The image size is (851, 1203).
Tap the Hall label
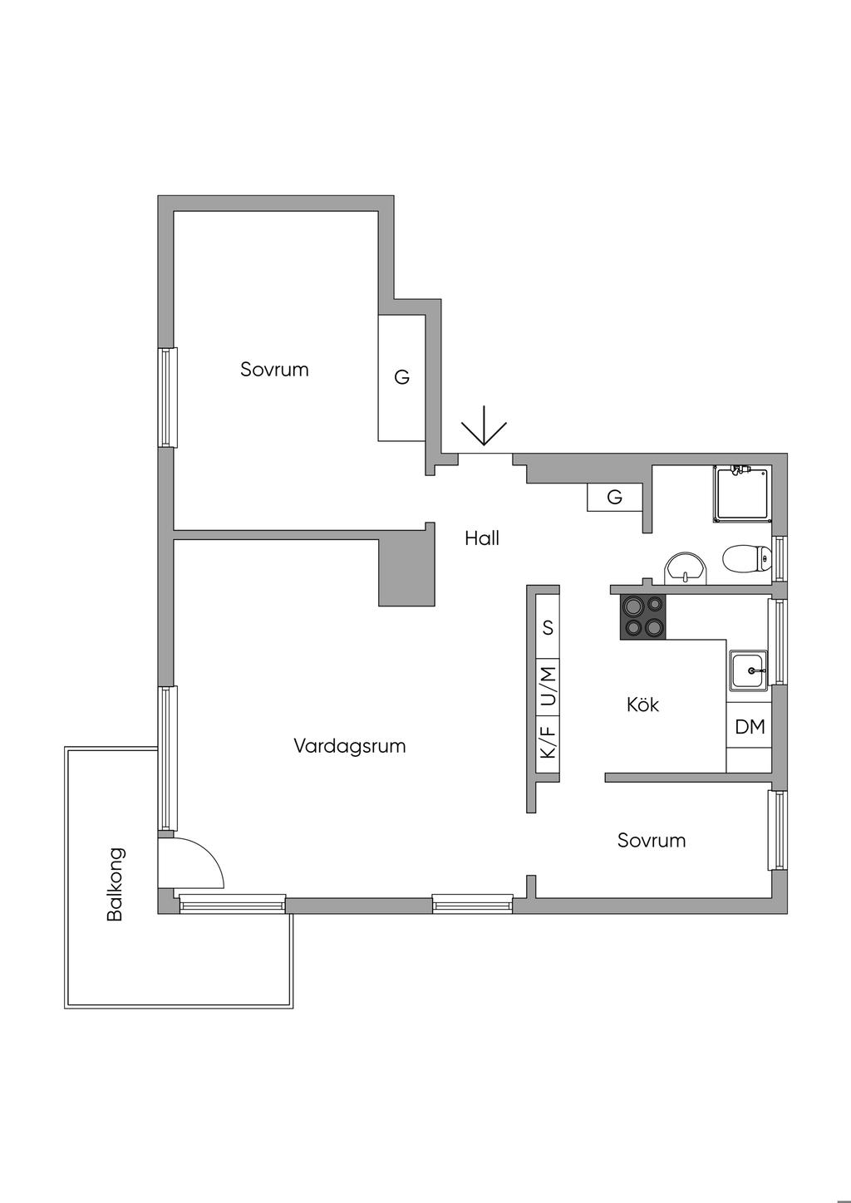[x=482, y=538]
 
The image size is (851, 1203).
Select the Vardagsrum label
[x=350, y=745]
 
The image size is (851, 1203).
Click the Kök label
[x=642, y=705]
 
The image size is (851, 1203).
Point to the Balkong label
[x=115, y=884]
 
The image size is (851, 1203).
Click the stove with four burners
[x=643, y=617]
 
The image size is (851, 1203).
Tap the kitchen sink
[x=749, y=670]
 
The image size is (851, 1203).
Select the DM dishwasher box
[x=750, y=727]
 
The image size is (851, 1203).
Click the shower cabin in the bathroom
[x=742, y=494]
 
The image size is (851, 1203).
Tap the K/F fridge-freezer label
[x=548, y=742]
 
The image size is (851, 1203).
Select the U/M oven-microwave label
[x=548, y=687]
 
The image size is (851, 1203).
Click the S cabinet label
[x=548, y=627]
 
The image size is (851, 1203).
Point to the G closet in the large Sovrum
[x=402, y=377]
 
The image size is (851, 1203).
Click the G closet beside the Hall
[x=615, y=497]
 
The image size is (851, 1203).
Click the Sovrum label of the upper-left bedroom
[x=274, y=369]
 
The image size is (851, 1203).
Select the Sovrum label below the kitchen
[x=652, y=840]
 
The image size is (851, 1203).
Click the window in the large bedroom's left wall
[x=168, y=398]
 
